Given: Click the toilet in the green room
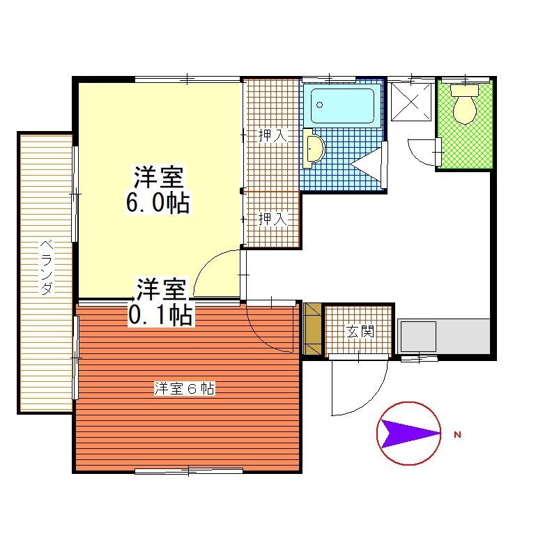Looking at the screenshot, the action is [x=465, y=105].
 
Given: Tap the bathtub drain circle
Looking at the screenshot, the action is [x=320, y=105].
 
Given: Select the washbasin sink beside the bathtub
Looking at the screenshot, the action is [x=313, y=148].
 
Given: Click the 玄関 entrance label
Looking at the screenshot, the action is [x=360, y=331].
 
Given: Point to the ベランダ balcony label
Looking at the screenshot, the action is [x=47, y=268].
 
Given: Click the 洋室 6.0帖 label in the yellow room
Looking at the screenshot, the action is [x=158, y=190].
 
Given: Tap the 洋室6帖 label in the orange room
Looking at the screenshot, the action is [x=185, y=389].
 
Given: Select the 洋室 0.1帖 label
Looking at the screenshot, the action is [x=161, y=302].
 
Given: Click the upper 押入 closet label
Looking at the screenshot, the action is [x=273, y=135].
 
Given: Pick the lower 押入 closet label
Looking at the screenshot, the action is [x=273, y=219].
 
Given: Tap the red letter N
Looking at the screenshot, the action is [x=458, y=435].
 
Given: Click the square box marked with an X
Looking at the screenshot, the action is [x=411, y=102].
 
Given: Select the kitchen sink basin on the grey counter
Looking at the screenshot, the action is [x=419, y=336].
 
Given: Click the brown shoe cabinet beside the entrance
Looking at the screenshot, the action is [x=313, y=328].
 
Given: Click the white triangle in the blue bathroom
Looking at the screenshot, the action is [x=366, y=164].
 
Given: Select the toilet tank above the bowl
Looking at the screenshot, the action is [x=465, y=90].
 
